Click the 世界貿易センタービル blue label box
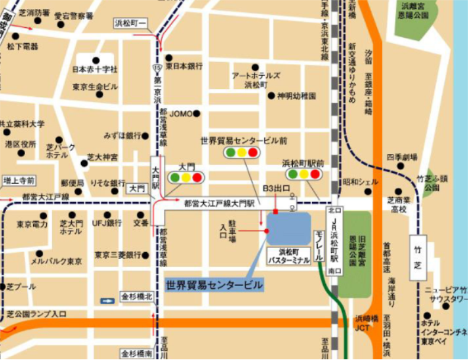point(214,285)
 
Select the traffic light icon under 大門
point(185,177)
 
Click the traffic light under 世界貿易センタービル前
point(241,153)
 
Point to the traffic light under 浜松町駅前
point(303,174)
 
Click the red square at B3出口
point(275,211)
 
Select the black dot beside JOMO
point(196,113)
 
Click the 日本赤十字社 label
point(95,69)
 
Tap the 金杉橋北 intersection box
point(137,296)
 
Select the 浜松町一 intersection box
point(133,22)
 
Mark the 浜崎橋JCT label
point(362,323)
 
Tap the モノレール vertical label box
point(316,244)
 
